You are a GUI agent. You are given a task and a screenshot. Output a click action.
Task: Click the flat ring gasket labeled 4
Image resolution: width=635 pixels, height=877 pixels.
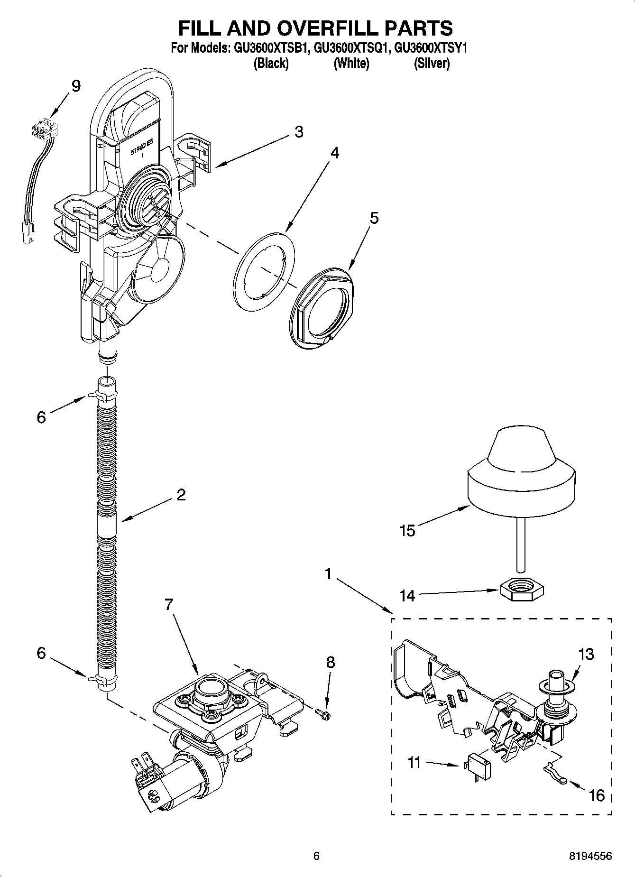[x=265, y=271]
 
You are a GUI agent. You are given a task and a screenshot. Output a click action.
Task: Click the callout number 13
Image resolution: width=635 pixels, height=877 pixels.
[x=586, y=654]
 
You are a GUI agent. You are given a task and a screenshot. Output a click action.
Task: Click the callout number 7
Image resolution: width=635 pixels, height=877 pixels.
[x=169, y=604]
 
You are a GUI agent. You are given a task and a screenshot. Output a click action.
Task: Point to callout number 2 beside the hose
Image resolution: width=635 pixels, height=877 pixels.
[x=181, y=495]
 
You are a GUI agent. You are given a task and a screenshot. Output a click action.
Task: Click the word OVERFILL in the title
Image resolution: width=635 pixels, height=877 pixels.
[x=317, y=28]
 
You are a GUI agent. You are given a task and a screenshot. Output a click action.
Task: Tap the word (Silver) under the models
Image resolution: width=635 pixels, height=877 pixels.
[x=432, y=63]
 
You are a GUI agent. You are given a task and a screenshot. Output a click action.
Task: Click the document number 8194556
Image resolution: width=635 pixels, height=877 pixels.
[x=590, y=856]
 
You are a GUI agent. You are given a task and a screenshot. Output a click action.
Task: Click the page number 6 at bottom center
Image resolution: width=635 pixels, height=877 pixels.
[x=316, y=856]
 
